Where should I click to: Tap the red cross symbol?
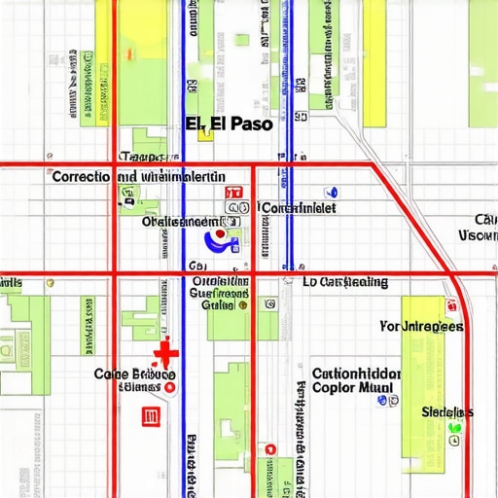[166, 352]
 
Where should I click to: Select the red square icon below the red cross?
[151, 416]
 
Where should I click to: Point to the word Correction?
[83, 177]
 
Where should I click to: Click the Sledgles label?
[447, 411]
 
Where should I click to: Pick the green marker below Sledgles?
[453, 428]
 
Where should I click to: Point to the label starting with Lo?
[344, 282]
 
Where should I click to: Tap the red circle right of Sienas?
[170, 387]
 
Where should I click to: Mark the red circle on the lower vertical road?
[272, 451]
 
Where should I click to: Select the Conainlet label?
[300, 207]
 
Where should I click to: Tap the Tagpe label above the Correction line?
[141, 157]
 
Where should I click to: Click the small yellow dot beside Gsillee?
[243, 304]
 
